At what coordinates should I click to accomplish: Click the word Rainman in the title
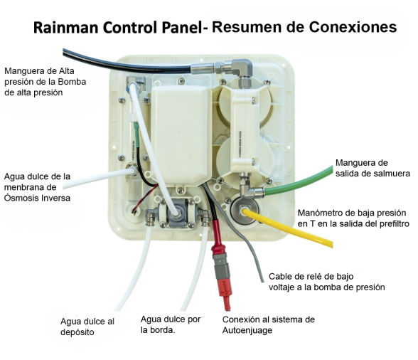click(x=66, y=27)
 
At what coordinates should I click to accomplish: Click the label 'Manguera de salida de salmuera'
click(x=373, y=168)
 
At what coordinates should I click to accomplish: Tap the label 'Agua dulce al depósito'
click(x=87, y=327)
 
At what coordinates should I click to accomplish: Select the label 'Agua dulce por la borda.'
click(x=171, y=324)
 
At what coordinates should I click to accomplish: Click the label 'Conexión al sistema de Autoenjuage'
click(x=269, y=324)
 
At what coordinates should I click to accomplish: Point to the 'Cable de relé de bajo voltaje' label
click(x=326, y=282)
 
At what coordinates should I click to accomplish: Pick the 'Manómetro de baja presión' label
click(x=353, y=218)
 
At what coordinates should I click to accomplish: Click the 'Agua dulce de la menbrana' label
click(x=37, y=187)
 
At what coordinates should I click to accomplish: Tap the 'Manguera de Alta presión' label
click(x=45, y=82)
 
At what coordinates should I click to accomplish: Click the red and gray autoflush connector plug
click(x=222, y=270)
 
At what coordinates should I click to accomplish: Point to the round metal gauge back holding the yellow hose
click(x=243, y=211)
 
